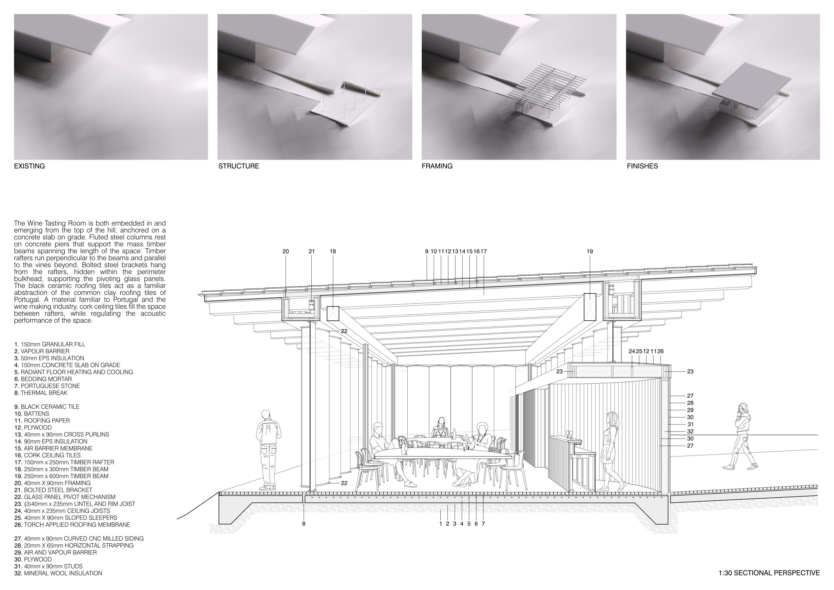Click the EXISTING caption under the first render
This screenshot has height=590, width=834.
[29, 166]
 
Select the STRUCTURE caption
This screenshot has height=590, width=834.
[239, 166]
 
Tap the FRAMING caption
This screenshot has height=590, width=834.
[437, 166]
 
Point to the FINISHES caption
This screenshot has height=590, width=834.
[642, 166]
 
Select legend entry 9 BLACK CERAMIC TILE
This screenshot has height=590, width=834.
[46, 407]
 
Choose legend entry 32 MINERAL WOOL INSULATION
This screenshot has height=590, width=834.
[58, 573]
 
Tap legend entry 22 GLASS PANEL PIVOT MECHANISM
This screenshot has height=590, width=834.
[65, 497]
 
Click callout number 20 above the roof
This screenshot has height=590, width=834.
[286, 251]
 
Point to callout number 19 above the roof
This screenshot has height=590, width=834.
[589, 251]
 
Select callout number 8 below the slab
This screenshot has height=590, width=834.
[304, 524]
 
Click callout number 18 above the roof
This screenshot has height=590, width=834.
[333, 251]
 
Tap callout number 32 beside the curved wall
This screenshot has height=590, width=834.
[690, 431]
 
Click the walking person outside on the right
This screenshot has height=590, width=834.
[740, 437]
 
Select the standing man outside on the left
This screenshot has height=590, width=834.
[268, 450]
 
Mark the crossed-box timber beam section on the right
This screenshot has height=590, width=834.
[589, 307]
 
